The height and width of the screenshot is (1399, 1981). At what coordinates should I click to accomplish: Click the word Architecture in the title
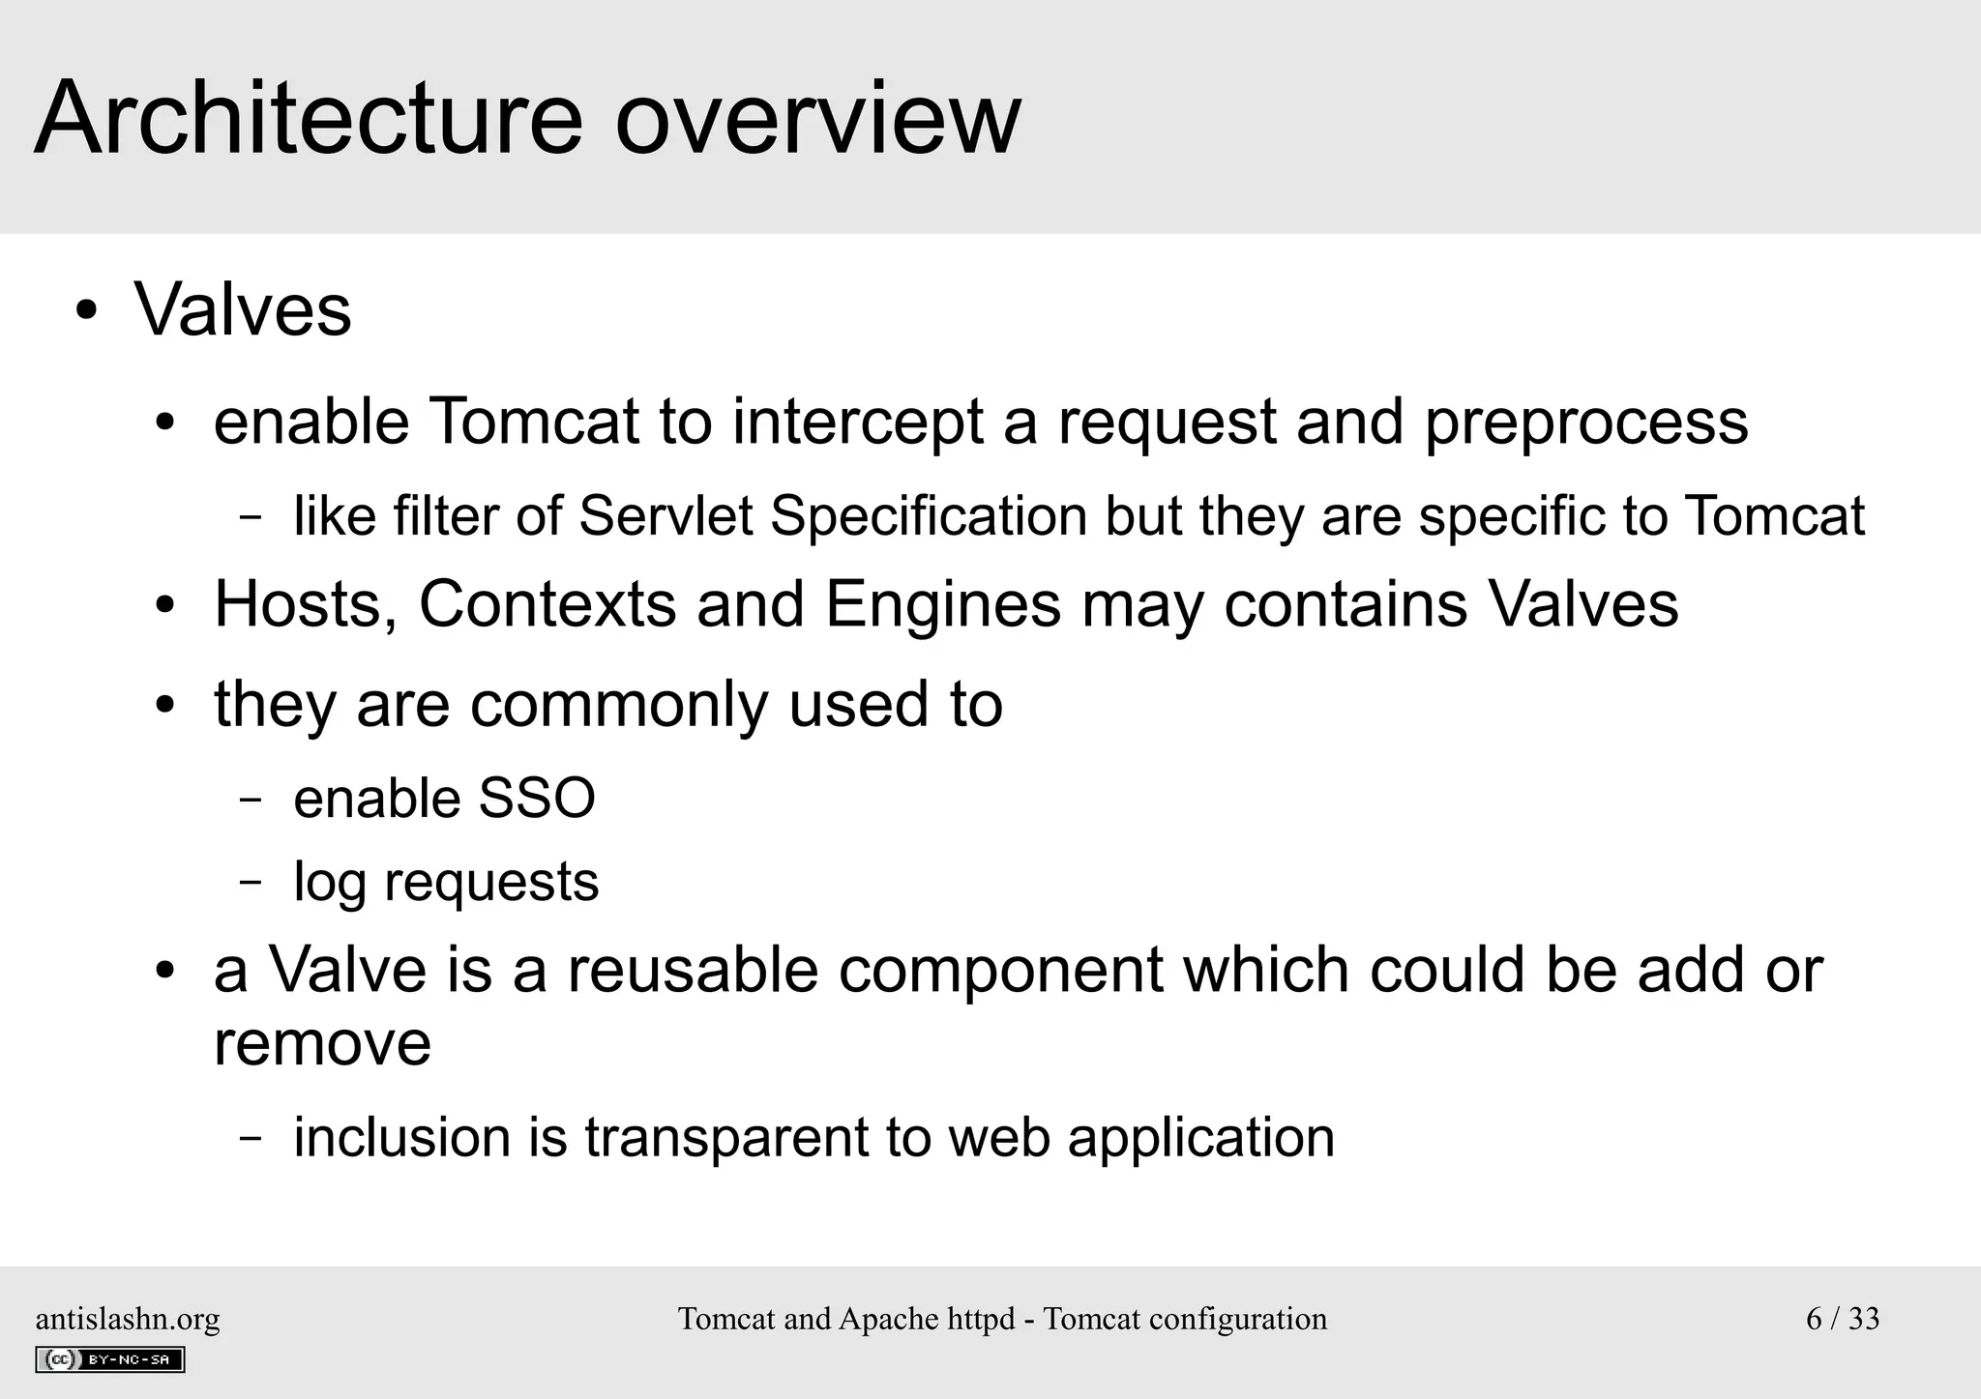point(309,118)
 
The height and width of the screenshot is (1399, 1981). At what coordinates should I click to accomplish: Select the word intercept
point(857,423)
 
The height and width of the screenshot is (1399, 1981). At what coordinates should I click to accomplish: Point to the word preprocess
point(1586,423)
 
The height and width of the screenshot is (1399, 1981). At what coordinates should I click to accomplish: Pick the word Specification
point(929,515)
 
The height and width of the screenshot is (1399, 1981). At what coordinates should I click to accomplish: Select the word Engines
point(943,604)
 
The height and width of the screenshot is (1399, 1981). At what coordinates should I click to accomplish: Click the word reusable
point(693,970)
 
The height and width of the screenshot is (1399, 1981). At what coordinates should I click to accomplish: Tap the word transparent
point(726,1137)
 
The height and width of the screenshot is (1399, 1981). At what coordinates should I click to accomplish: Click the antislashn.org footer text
point(128,1319)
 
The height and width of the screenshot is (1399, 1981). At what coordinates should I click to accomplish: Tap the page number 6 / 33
point(1843,1319)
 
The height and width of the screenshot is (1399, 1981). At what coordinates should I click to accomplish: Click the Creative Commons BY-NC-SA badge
point(109,1359)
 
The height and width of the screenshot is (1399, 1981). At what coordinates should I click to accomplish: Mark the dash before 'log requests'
point(251,882)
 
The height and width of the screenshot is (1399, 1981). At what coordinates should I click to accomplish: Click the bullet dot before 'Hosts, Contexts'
point(165,606)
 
